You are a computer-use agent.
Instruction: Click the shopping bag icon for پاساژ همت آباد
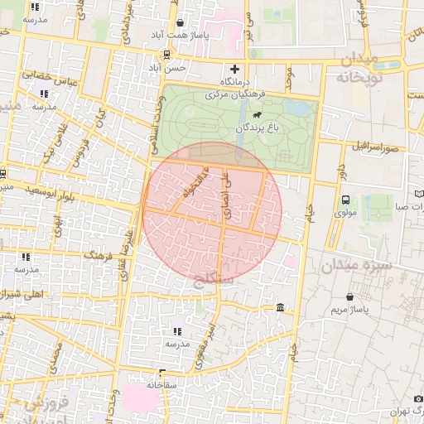[181, 23]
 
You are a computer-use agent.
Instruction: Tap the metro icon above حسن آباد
[168, 55]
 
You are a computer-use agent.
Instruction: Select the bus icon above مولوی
[345, 200]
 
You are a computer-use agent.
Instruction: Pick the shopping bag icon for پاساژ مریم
[350, 296]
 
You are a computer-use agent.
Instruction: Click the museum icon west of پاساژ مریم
[281, 308]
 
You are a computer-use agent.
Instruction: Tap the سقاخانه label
[162, 384]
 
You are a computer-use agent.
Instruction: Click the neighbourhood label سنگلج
[222, 283]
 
